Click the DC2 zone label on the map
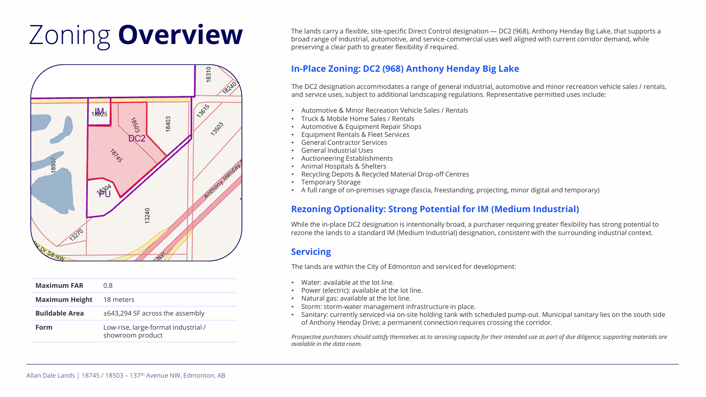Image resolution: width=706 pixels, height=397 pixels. (x=137, y=139)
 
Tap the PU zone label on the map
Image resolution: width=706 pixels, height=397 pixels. (x=105, y=194)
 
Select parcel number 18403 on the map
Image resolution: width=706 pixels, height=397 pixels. (x=168, y=124)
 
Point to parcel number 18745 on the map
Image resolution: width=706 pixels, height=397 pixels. (x=116, y=156)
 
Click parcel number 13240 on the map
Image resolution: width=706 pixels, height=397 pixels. (x=147, y=216)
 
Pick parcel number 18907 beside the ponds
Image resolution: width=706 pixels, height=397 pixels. (x=53, y=165)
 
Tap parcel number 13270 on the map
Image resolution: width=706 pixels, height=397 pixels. (x=76, y=235)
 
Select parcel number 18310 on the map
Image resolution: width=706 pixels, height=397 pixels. (x=209, y=74)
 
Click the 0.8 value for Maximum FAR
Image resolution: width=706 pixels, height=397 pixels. (x=108, y=286)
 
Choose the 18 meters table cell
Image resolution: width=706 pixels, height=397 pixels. (x=119, y=300)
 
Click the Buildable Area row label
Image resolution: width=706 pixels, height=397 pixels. (x=59, y=313)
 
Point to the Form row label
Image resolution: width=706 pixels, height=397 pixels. (x=44, y=327)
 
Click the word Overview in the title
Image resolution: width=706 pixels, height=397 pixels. (x=180, y=35)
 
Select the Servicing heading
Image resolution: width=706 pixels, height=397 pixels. (x=311, y=252)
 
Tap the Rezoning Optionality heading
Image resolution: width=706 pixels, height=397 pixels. (x=435, y=209)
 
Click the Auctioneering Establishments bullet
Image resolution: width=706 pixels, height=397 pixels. (x=347, y=158)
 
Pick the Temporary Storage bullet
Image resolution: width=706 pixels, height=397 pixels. (x=331, y=182)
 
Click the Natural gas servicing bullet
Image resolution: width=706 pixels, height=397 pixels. (x=356, y=298)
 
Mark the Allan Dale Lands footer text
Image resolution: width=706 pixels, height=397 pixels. (x=126, y=375)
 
